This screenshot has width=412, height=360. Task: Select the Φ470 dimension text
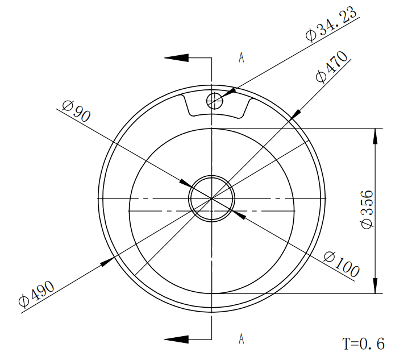click(332, 67)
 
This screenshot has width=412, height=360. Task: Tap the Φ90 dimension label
click(76, 111)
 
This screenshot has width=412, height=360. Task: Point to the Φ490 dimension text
click(37, 293)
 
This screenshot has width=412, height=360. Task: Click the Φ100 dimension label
click(342, 264)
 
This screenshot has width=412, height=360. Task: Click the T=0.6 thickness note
click(364, 344)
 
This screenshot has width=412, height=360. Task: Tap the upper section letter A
click(241, 57)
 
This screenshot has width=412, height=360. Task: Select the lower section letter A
click(241, 339)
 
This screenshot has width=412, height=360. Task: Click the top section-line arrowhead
click(177, 58)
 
